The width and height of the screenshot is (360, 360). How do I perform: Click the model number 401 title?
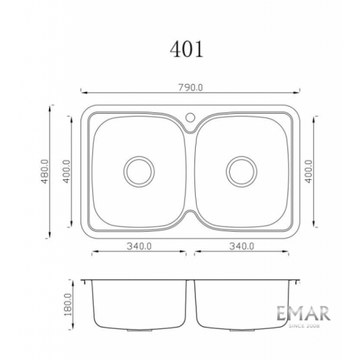coord(186,49)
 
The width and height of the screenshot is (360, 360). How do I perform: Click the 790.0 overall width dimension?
coord(190,88)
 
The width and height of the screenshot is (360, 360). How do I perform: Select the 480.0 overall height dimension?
coord(45,171)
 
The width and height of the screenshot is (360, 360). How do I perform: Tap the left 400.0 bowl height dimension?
coord(66,171)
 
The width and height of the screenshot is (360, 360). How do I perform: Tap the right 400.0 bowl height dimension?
coord(309,171)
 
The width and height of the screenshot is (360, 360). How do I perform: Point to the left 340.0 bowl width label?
coord(139,246)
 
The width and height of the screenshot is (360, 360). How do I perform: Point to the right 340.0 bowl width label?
coord(242,246)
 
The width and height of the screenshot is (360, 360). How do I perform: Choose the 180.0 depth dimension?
coord(68,305)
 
